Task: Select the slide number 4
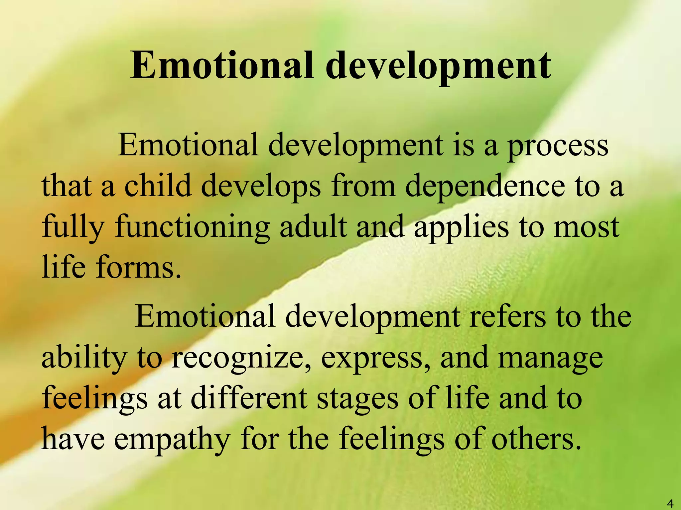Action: pyautogui.click(x=670, y=503)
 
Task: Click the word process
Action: pyautogui.click(x=558, y=146)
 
